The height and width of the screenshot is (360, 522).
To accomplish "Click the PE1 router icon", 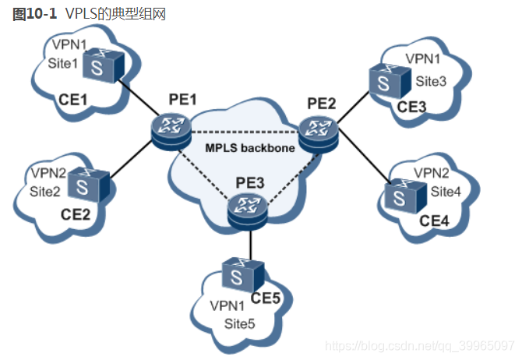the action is pyautogui.click(x=171, y=132).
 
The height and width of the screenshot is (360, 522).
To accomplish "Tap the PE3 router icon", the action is pyautogui.click(x=248, y=212).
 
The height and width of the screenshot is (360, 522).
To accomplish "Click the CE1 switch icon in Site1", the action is pyautogui.click(x=103, y=65).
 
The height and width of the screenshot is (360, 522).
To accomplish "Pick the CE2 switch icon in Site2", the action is pyautogui.click(x=89, y=185).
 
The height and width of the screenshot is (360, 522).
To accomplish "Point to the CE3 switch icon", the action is pyautogui.click(x=390, y=81).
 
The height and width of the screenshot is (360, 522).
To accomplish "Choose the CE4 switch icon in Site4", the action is pyautogui.click(x=405, y=196).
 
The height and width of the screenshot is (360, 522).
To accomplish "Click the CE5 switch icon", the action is pyautogui.click(x=243, y=275).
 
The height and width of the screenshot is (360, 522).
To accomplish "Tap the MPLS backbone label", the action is pyautogui.click(x=250, y=148).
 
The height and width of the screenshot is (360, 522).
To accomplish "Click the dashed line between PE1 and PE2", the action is pyautogui.click(x=245, y=132).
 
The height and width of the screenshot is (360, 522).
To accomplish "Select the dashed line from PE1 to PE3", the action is pyautogui.click(x=204, y=176).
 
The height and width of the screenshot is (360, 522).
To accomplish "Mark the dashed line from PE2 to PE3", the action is pyautogui.click(x=293, y=178).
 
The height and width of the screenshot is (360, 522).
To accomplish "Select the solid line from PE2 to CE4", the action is pyautogui.click(x=364, y=155).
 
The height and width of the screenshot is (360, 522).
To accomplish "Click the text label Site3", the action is pyautogui.click(x=431, y=81).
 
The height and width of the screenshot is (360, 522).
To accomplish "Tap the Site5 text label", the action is pyautogui.click(x=239, y=323).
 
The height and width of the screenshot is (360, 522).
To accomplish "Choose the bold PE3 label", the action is pyautogui.click(x=250, y=183).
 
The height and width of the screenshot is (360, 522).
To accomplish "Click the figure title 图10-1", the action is pyautogui.click(x=34, y=14).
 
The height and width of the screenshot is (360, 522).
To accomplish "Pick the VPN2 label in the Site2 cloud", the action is pyautogui.click(x=48, y=173).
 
